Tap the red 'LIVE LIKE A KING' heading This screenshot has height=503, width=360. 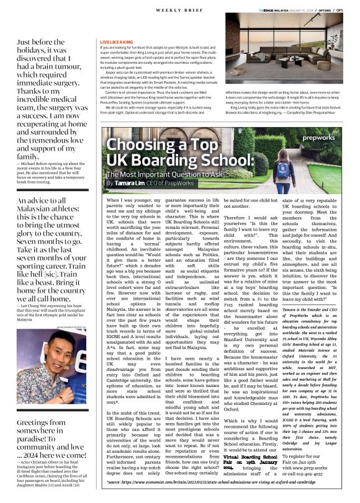[117, 42]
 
